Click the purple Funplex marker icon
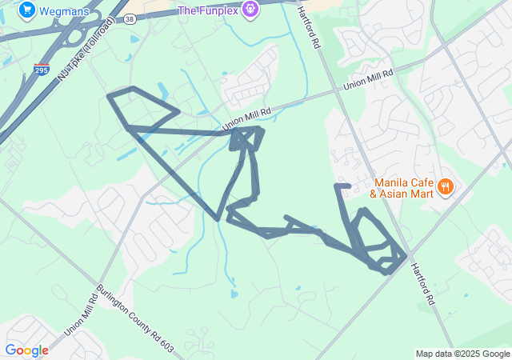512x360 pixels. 250,10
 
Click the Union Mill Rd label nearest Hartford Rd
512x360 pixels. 368,79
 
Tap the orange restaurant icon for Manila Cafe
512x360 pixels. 446,187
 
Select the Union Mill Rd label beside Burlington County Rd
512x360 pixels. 80,312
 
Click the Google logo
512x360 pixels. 26,350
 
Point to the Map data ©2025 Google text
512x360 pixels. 462,354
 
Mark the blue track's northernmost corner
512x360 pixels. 133,87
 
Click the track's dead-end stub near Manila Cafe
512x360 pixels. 342,186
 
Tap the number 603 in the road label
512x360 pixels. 165,339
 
